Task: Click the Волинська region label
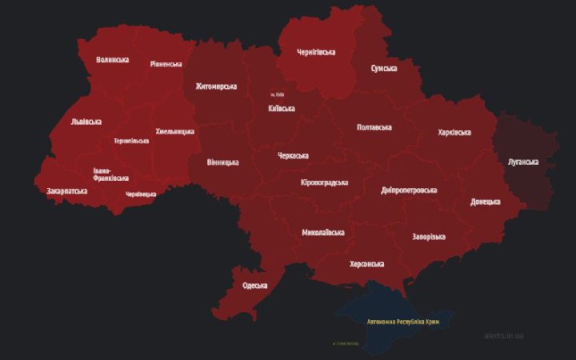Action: click(x=112, y=60)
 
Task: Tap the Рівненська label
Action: click(x=166, y=64)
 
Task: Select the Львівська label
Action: click(x=86, y=122)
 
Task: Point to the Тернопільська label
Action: click(x=131, y=141)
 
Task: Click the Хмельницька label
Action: click(x=174, y=131)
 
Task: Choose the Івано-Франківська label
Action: click(x=110, y=174)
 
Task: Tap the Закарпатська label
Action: click(x=67, y=191)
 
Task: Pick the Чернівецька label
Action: click(x=141, y=194)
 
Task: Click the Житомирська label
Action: click(x=216, y=86)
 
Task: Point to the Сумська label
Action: click(x=384, y=69)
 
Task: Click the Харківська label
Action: click(x=454, y=132)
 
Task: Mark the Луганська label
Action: click(x=523, y=162)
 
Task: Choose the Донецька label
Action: click(x=485, y=202)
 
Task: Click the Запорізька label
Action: click(x=429, y=237)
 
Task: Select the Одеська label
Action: click(x=254, y=286)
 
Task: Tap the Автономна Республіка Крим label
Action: click(x=402, y=322)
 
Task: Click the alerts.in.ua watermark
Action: click(x=504, y=335)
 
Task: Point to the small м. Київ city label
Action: click(x=278, y=95)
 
